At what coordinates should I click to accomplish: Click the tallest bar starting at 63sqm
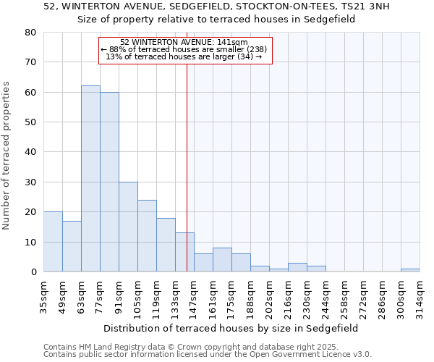90,179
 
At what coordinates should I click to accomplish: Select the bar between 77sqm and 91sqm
109,182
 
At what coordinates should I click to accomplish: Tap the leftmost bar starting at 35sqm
53,242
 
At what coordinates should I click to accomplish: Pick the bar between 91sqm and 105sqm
128,227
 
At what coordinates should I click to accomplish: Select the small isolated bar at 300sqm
410,270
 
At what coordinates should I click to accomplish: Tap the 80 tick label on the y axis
30,33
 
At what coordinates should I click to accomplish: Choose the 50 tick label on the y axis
30,122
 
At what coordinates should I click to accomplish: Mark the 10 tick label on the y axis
30,242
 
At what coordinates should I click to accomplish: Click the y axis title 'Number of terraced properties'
7,155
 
